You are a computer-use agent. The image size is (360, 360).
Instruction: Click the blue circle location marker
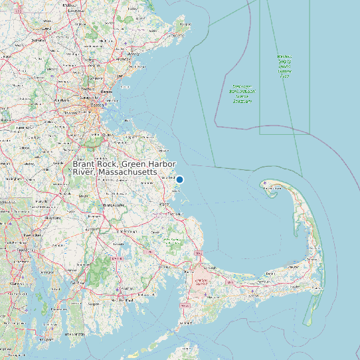179,179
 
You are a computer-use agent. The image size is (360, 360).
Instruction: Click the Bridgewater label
106,206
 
